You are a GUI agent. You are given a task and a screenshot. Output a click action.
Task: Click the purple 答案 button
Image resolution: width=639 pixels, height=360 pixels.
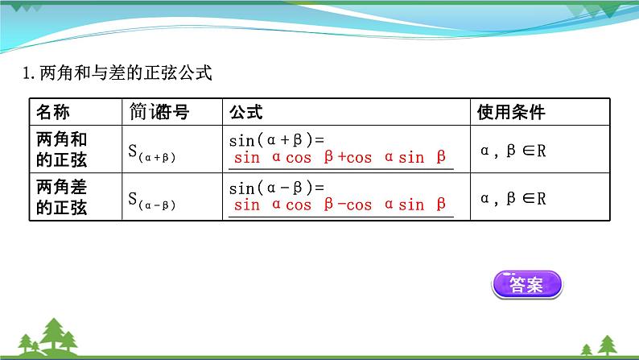[x=527, y=285]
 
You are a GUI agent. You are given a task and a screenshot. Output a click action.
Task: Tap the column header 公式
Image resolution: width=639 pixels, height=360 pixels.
[x=245, y=112]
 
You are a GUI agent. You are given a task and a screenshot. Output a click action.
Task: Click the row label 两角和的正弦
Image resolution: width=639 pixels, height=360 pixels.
[x=62, y=148]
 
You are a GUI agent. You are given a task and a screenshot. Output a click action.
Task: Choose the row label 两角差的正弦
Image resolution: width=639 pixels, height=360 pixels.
[x=62, y=197]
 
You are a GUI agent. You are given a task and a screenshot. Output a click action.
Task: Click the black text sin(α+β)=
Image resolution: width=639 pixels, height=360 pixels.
[x=275, y=139]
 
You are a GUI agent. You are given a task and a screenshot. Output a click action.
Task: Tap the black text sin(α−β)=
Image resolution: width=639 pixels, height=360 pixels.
[x=275, y=188]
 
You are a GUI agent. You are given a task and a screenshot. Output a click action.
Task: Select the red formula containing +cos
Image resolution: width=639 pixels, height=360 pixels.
[x=340, y=158]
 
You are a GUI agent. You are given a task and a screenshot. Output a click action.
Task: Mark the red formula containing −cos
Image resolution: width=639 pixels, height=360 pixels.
[x=340, y=205]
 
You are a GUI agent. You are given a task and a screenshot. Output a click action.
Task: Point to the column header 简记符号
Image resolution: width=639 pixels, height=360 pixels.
[x=159, y=112]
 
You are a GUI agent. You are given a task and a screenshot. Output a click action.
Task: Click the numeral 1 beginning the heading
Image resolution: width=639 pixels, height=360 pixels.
[x=27, y=75]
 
